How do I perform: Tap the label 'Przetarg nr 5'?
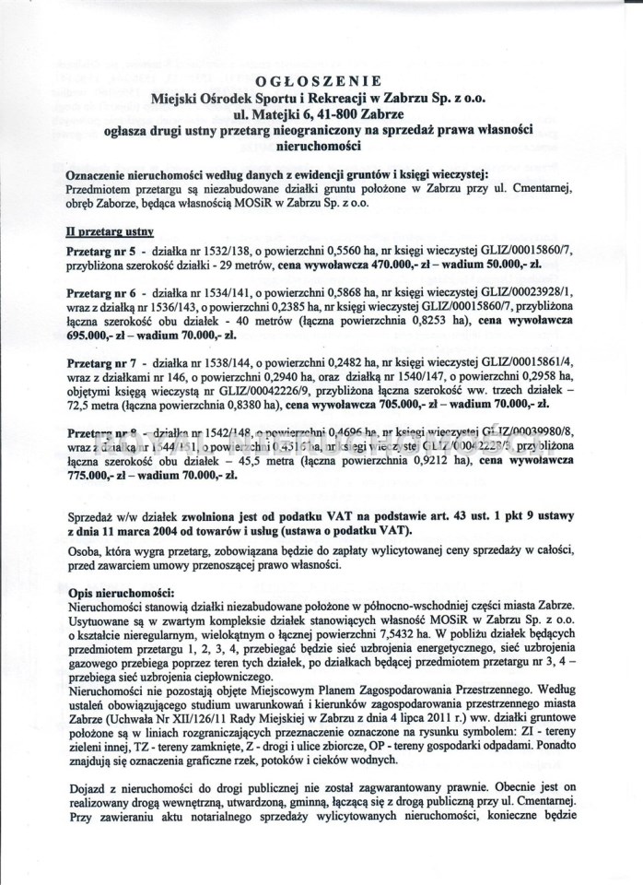coord(99,252)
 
